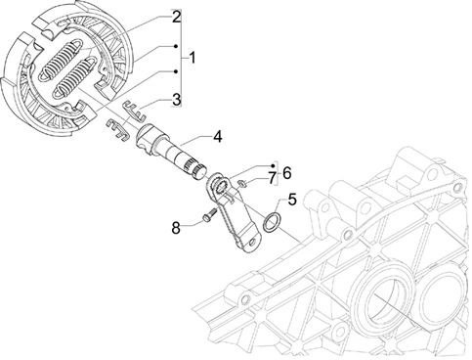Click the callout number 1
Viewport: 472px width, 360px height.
(x=193, y=58)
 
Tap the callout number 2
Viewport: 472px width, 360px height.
(x=176, y=17)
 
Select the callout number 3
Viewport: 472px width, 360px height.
(x=176, y=99)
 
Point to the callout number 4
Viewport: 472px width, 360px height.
(x=217, y=137)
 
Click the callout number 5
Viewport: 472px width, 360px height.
(x=292, y=200)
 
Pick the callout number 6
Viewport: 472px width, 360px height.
(x=287, y=173)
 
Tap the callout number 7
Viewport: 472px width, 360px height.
(x=272, y=178)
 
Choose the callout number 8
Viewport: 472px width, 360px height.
(x=176, y=228)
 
